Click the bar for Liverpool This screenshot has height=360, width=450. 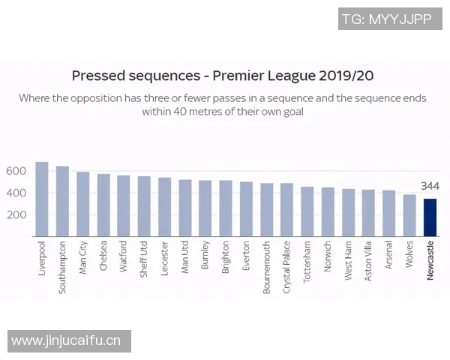[42, 199]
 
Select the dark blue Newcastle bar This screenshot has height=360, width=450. [430, 217]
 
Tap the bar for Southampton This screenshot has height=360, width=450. [62, 201]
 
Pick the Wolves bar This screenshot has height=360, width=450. [409, 216]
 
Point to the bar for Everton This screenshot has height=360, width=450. [246, 209]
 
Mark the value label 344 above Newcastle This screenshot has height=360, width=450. [430, 186]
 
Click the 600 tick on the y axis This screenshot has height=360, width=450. [16, 171]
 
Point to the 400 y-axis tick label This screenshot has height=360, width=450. [16, 193]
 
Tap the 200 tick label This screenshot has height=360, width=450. [16, 214]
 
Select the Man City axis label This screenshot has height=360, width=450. [83, 259]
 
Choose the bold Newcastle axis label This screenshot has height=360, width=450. [430, 261]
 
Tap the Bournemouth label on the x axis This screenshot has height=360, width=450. [267, 267]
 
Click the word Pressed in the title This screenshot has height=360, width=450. [99, 76]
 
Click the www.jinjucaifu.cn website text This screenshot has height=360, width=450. [66, 341]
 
